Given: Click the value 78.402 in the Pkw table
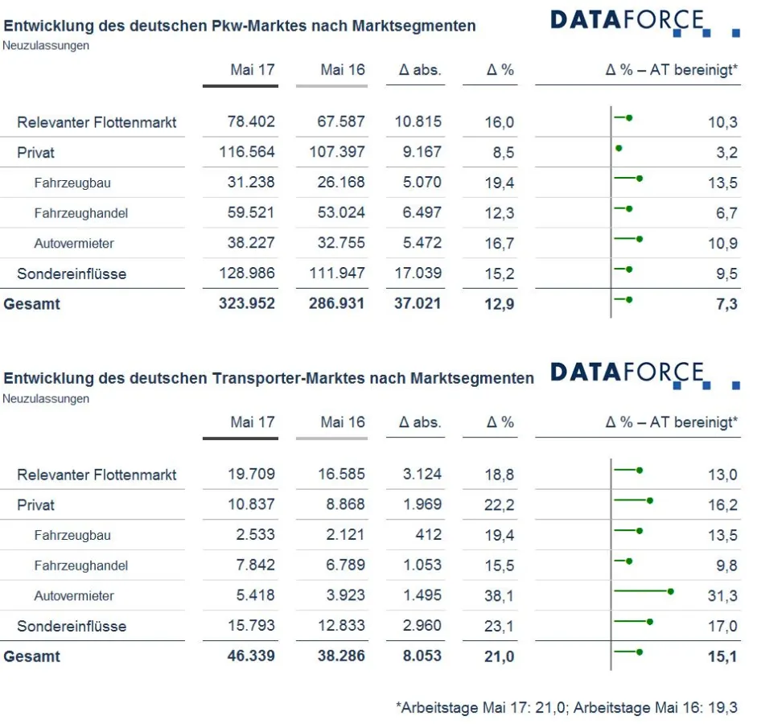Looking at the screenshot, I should coord(251,122).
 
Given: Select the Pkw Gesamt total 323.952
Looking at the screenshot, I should coord(247,304).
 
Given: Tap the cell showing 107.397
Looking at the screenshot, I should coord(337,152).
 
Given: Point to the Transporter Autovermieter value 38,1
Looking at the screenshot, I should coord(500,596).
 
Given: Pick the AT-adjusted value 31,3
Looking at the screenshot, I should coord(722,596).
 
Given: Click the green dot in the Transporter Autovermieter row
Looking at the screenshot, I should coord(670,591).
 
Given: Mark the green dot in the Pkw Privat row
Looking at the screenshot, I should coord(619,148).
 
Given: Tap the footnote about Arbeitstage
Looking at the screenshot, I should coord(566,708).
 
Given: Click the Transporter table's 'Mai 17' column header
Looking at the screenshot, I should coord(252,422).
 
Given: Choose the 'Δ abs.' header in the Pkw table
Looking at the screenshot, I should coord(420,70).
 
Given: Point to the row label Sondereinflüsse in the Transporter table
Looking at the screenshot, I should coord(72,626).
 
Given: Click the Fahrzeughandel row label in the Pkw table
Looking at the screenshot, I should coord(80,213).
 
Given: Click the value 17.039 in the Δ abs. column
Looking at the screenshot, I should coord(418,274).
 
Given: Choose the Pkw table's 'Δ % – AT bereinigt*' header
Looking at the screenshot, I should coord(671,70).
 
